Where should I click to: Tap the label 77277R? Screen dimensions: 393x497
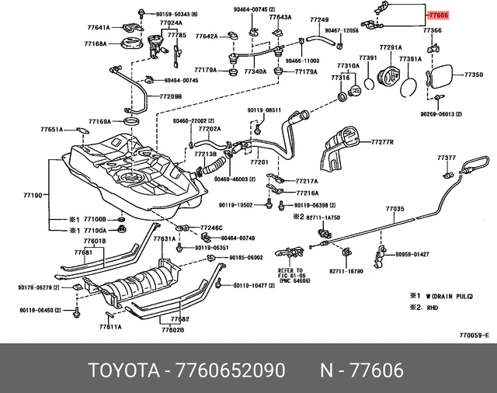coord(383,143)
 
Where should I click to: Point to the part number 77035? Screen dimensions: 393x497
coord(395,209)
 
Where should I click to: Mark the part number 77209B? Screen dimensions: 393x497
coord(171,96)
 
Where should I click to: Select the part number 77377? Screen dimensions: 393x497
coord(446,158)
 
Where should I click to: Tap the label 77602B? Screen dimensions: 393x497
coord(172,330)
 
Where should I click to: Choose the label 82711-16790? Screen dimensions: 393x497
coord(346,271)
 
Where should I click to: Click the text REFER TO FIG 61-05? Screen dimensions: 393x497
coord(294,274)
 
